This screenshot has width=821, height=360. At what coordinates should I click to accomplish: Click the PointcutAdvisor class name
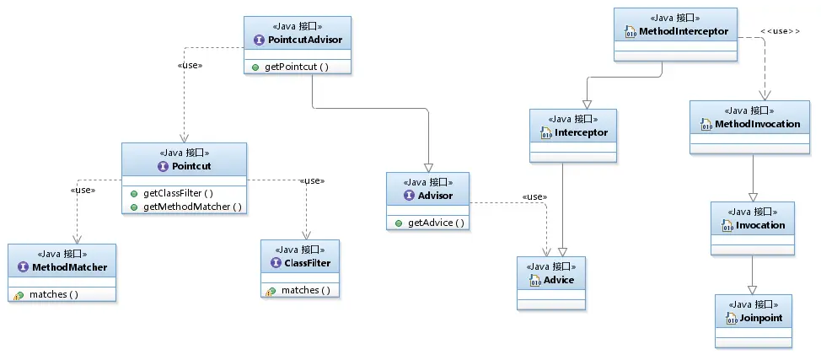[x=305, y=40]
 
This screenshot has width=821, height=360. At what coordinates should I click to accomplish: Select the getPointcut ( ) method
[x=297, y=67]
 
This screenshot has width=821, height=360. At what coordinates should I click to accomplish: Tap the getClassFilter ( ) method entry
[x=178, y=193]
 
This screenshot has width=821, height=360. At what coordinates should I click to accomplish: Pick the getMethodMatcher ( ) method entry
[x=193, y=207]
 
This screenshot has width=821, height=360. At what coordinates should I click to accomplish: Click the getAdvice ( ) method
[x=436, y=223]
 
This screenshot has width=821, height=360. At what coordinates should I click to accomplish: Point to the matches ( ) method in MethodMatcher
[x=53, y=294]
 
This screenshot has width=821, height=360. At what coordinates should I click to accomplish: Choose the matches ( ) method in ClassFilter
[x=306, y=290]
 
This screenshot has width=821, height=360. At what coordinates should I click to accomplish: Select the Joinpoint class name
[x=761, y=318]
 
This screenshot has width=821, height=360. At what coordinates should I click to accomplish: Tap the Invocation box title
[x=760, y=225]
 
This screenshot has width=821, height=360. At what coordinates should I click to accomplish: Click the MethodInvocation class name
[x=757, y=124]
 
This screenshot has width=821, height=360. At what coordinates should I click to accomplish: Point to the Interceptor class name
[x=582, y=132]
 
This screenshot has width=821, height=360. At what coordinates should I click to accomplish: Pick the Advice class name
[x=559, y=281]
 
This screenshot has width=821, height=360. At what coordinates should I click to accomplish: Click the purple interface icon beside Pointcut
[x=163, y=166]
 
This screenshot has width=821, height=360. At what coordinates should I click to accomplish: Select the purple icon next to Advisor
[x=410, y=196]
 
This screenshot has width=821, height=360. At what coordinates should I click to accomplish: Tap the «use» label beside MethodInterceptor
[x=781, y=31]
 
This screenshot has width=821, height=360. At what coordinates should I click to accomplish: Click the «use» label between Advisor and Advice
[x=534, y=196]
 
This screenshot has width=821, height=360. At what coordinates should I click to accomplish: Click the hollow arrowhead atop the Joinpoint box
[x=753, y=290]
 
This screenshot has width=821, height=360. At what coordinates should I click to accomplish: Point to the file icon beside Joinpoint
[x=732, y=318]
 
